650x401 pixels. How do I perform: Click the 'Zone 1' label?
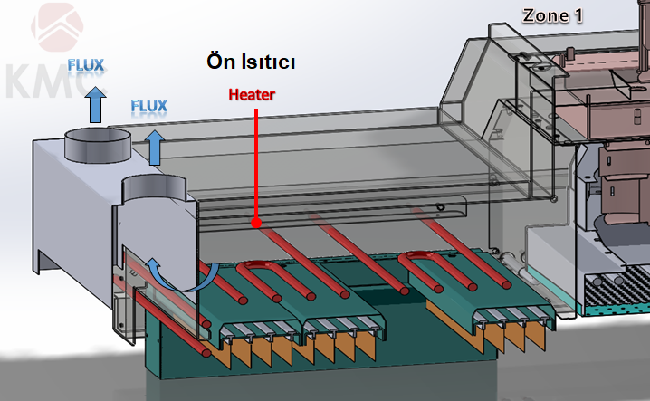tap(553, 15)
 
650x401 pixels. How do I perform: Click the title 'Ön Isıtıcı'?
tap(249, 63)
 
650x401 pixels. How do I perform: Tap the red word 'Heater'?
tap(251, 93)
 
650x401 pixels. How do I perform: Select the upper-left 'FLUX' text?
tap(87, 65)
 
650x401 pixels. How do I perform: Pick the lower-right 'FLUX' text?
tap(149, 106)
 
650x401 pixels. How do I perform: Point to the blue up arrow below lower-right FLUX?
tap(155, 147)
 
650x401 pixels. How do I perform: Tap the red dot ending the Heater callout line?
tap(256, 222)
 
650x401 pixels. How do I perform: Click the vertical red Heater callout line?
tap(256, 163)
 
